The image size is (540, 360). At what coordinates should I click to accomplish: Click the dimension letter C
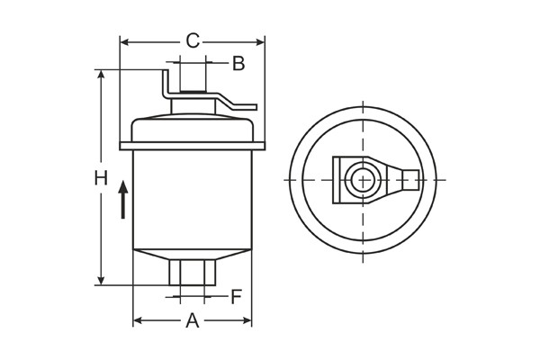click(192, 40)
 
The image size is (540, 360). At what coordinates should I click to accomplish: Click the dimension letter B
click(238, 63)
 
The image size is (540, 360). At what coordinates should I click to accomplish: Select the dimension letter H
click(101, 178)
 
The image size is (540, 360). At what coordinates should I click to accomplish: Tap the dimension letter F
click(236, 296)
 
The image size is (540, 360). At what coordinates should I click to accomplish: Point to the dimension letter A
click(192, 321)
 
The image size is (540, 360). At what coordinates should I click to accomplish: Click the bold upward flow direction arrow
click(123, 199)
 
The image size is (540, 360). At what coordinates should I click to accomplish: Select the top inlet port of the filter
click(192, 79)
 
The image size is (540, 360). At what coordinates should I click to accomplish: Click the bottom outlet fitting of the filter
click(192, 271)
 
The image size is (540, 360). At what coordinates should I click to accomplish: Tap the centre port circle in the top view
click(363, 179)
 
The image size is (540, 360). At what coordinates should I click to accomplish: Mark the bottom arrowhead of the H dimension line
click(101, 280)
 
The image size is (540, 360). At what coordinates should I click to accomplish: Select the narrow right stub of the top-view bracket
click(410, 179)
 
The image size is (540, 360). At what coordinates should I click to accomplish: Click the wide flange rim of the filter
click(192, 145)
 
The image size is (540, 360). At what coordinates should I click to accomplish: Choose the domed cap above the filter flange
click(192, 126)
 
